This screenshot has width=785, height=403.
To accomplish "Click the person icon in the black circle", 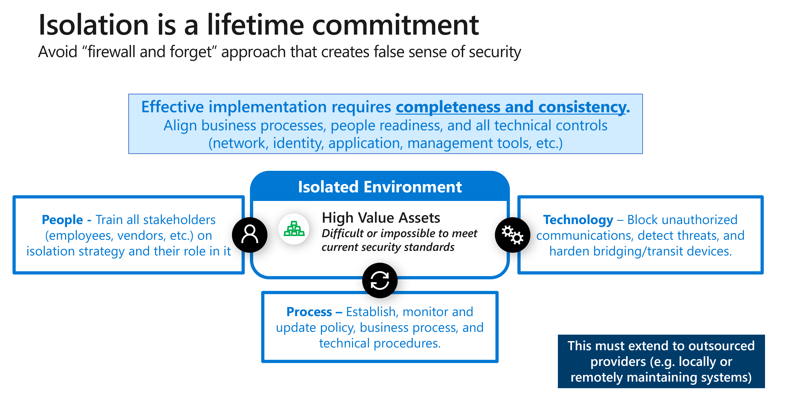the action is coord(250,235).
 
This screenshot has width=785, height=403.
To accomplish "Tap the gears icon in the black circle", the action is coord(513,235).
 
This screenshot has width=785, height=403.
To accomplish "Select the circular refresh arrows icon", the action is coord(380,280).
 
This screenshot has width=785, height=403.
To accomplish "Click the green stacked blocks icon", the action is coord(294,229).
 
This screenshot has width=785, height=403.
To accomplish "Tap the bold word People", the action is coord(62,220).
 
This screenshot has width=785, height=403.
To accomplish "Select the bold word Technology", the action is coord(578,220).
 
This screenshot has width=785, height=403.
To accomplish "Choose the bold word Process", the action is coord(309,312).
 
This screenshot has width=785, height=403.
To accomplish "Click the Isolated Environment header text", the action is coord(380,187).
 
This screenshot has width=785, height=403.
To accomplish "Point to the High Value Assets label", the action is coord(381,218).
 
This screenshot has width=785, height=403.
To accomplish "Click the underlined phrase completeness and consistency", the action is coord(511,107).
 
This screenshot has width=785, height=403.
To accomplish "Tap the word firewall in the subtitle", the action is coord(112,52).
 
